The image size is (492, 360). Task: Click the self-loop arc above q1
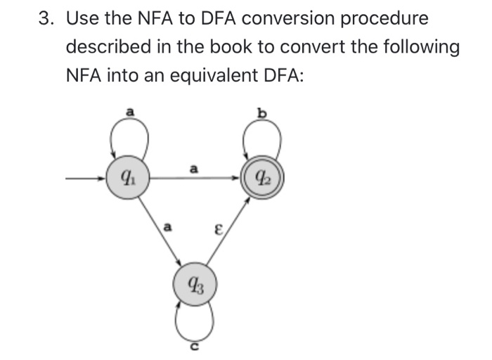[x=129, y=134]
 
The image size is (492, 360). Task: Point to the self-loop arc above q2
[x=261, y=134]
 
